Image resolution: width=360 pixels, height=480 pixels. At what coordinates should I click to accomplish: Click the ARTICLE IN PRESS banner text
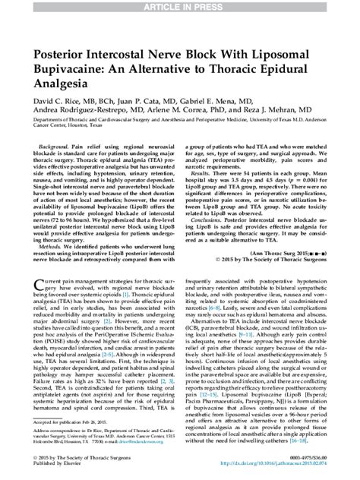[179, 7]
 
